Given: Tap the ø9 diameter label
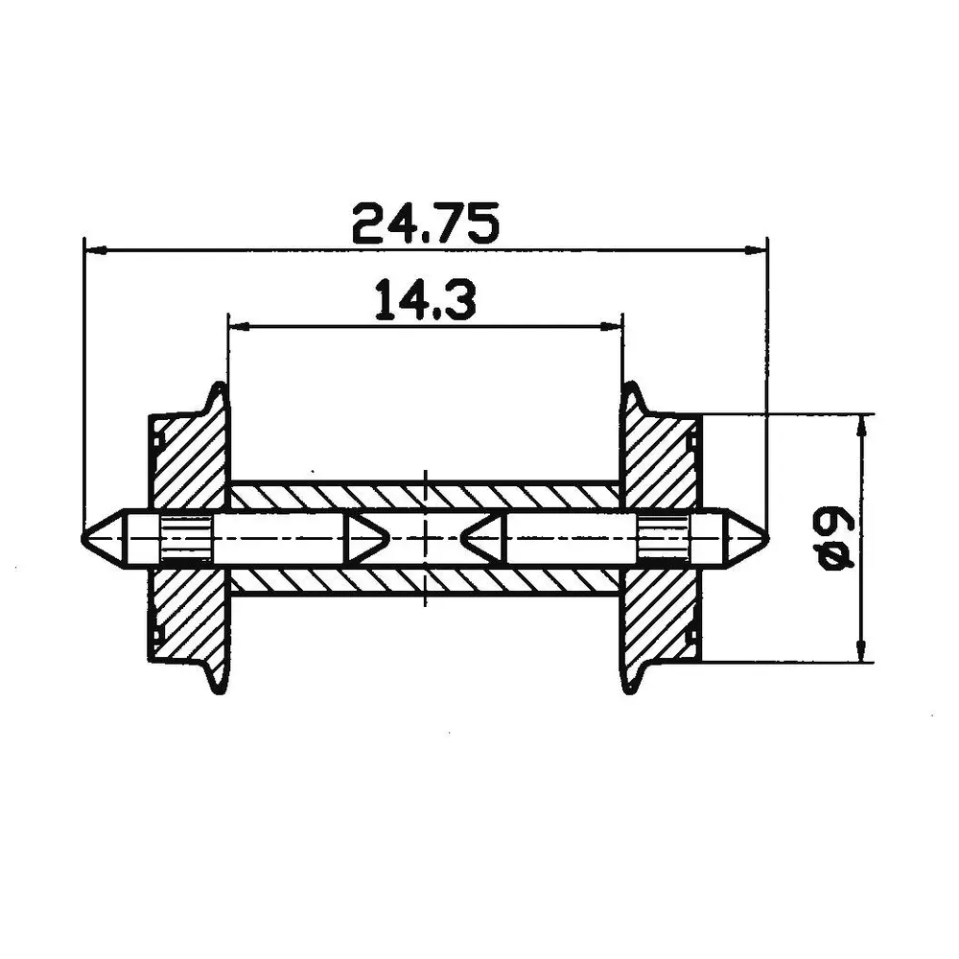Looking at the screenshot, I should coord(833,541).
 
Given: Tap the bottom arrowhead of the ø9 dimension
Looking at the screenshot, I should coord(865,650).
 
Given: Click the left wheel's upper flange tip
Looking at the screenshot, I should coord(220,386).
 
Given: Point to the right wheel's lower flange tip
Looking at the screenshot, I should coord(631,689).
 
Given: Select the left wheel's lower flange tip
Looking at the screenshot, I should coord(220,689).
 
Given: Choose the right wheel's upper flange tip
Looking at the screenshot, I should coord(631,386).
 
